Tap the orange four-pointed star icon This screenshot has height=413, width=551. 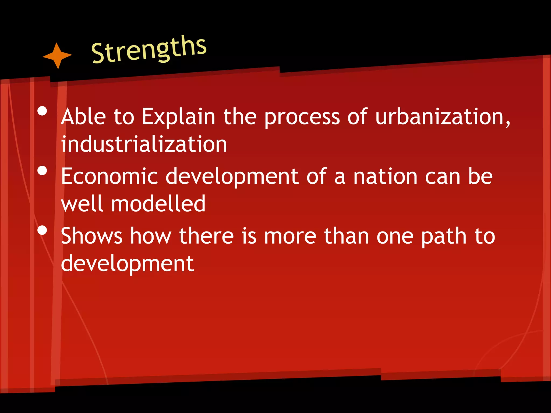pos(57,56)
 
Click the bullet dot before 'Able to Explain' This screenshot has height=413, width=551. pos(42,111)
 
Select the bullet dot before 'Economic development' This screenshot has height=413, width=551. pos(42,170)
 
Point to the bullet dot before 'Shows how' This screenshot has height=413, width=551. pos(42,230)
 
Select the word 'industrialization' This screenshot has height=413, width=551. pos(144,144)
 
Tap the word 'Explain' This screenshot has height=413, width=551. pos(178,118)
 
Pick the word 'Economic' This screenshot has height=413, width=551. pos(109,176)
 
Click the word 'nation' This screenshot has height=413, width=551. pos(385,176)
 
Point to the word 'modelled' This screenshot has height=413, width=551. pos(158,204)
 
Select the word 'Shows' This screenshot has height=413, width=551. pos(92,236)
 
